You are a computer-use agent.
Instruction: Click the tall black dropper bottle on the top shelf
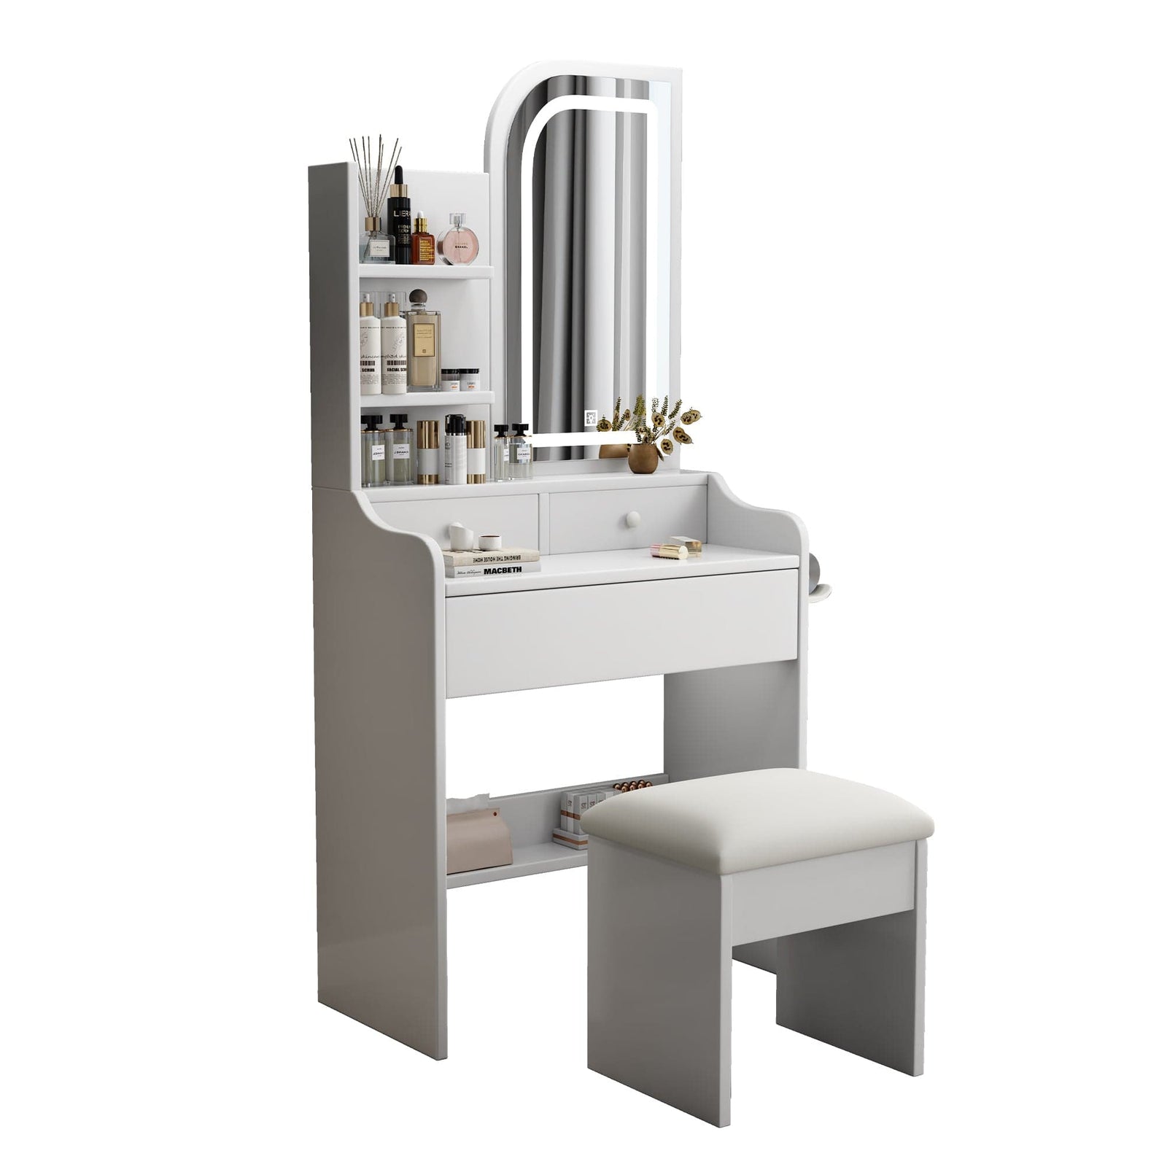click(x=399, y=219)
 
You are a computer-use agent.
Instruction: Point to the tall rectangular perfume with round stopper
click(x=423, y=343)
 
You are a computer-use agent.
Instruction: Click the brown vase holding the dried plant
click(x=643, y=458)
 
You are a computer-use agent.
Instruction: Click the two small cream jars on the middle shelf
click(x=460, y=380)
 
